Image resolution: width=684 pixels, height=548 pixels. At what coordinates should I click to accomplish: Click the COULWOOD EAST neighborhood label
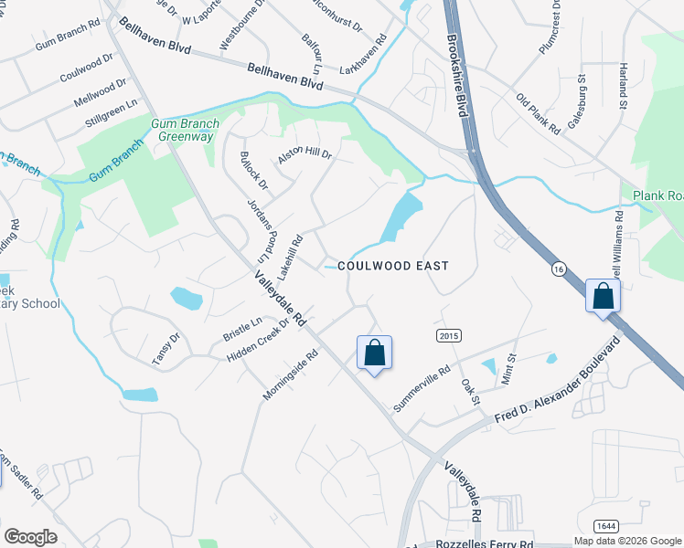coord(393,266)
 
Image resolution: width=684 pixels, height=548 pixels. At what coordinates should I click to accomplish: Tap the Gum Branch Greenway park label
coord(182,130)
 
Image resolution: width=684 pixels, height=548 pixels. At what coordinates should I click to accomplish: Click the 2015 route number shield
coord(447,336)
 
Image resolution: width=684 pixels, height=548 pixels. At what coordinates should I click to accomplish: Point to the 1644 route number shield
coord(604,525)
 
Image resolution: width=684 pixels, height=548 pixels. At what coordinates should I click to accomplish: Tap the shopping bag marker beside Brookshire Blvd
coord(603,297)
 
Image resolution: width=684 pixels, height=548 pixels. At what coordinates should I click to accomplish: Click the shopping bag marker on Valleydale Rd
coord(374,353)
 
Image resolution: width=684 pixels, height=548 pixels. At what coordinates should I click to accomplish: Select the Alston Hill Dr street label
coord(305,156)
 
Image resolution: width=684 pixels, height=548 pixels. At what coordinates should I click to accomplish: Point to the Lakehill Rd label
coord(290,258)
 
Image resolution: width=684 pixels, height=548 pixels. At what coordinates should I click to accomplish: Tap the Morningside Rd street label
coord(290,373)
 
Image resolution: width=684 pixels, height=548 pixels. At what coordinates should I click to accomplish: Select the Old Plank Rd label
coord(538,113)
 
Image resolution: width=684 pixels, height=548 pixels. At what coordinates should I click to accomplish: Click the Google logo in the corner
coord(30,537)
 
